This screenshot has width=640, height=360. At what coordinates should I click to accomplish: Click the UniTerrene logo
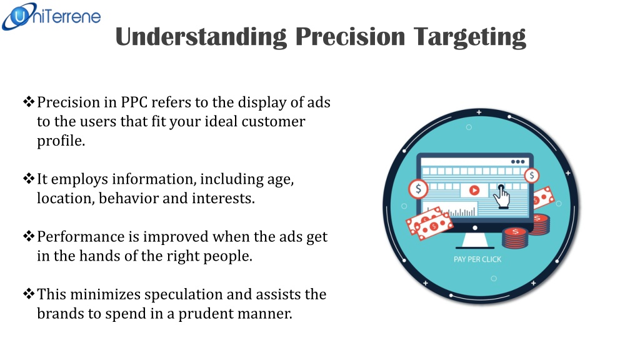click(x=51, y=16)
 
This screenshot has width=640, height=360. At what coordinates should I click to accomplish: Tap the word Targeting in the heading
click(x=469, y=37)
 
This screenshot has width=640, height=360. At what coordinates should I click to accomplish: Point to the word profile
click(x=61, y=141)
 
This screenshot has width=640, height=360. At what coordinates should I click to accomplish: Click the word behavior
click(x=129, y=198)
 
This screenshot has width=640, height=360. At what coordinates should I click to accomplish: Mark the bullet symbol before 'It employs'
click(x=29, y=178)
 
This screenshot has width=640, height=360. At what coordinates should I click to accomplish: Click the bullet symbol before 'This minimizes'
click(x=29, y=294)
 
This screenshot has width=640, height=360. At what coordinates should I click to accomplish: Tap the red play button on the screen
click(x=474, y=190)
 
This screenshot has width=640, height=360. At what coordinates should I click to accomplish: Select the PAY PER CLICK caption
click(x=477, y=259)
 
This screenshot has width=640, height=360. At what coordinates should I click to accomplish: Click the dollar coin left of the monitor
click(x=418, y=189)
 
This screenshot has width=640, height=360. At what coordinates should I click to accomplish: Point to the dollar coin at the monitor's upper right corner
click(x=531, y=176)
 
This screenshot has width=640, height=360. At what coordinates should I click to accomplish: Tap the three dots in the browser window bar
click(x=518, y=162)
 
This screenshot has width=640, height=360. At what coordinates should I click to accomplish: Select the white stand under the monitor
click(x=475, y=241)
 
